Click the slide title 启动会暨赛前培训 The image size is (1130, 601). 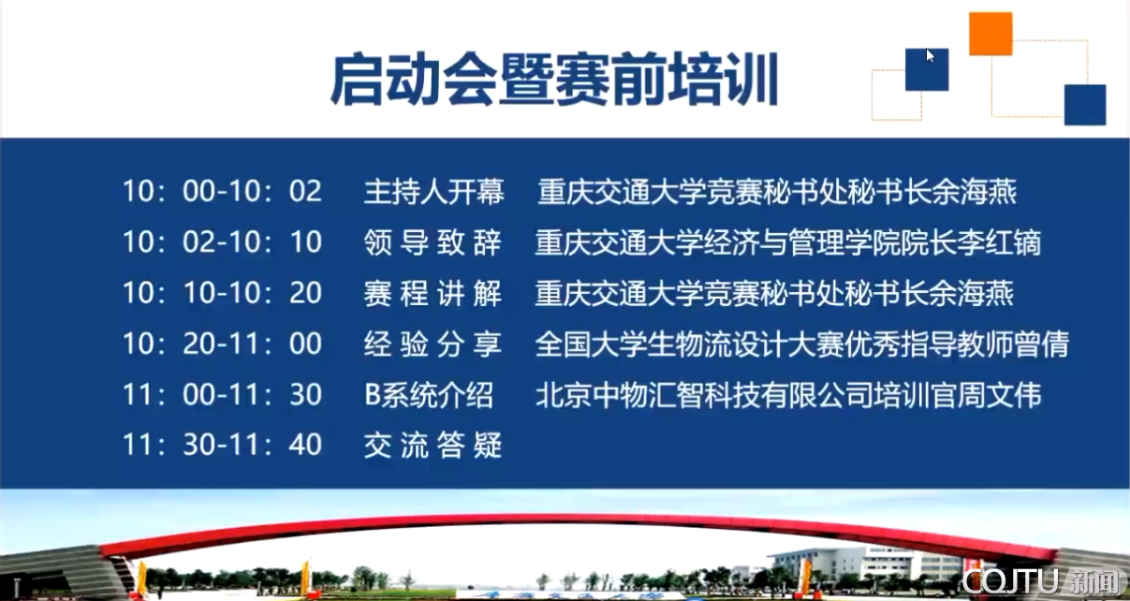point(554,80)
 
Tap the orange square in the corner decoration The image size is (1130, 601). point(991,34)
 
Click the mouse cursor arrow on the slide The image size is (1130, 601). point(931,55)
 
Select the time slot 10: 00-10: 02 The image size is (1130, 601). point(222,191)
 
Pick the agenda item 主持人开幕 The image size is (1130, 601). point(433,192)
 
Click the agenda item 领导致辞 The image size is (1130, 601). point(433,242)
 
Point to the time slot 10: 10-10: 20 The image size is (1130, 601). point(222,293)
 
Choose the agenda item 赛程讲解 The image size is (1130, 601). point(433,293)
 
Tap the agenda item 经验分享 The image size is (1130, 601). point(433,344)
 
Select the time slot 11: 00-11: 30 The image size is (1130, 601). point(222,395)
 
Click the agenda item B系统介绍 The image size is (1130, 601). point(429,395)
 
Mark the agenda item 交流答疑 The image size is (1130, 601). point(433,445)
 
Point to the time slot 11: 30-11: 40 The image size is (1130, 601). point(222,445)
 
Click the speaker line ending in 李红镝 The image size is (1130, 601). point(788,242)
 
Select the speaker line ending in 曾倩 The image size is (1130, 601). point(802,344)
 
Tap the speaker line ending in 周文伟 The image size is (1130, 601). point(788,395)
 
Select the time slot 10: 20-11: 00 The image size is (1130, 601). point(222,344)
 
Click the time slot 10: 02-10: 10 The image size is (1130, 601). point(222,242)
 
